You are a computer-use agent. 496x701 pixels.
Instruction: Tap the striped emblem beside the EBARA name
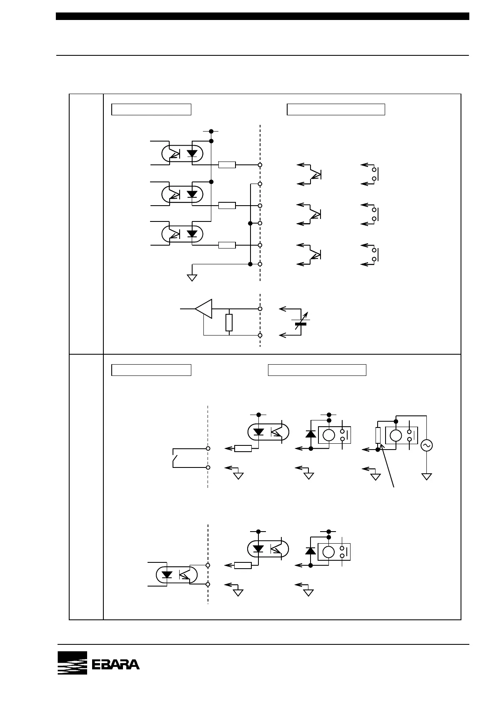point(72,663)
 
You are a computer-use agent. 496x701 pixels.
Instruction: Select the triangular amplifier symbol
point(204,309)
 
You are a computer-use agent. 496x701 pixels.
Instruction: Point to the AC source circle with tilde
point(427,445)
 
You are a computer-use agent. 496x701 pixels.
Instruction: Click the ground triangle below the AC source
point(427,476)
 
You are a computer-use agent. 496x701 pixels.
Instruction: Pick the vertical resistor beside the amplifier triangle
point(229,323)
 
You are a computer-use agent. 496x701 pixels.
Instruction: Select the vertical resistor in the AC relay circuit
point(378,435)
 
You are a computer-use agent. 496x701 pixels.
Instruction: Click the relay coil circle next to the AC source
point(396,435)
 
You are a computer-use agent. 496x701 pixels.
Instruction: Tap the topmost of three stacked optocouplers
point(182,154)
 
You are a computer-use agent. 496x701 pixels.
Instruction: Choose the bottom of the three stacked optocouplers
point(182,234)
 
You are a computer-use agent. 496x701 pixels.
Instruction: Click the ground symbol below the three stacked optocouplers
point(192,277)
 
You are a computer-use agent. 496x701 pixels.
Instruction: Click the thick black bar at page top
point(263,16)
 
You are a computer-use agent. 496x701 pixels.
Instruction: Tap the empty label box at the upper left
point(151,109)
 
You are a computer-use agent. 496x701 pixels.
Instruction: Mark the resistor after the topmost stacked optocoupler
point(227,165)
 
